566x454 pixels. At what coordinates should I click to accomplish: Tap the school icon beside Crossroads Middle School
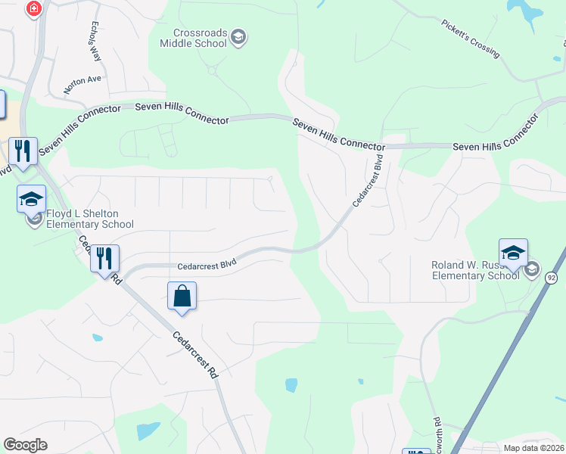[x=238, y=37]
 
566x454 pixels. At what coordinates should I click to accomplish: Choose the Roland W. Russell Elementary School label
[x=474, y=270]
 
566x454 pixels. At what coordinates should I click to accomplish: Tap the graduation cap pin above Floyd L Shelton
[x=31, y=199]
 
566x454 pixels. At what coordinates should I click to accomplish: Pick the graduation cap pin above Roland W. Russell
[x=513, y=252]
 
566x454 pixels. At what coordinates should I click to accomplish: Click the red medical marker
[x=33, y=9]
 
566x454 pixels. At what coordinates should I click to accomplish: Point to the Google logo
[x=25, y=445]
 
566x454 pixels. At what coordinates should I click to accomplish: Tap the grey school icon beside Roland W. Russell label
[x=532, y=269]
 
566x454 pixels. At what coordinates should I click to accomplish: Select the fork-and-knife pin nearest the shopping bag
[x=104, y=259]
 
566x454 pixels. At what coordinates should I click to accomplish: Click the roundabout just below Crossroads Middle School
[x=212, y=70]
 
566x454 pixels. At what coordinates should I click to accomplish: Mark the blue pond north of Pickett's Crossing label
[x=524, y=9]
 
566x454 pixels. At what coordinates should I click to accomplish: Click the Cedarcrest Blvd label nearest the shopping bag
[x=207, y=265]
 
